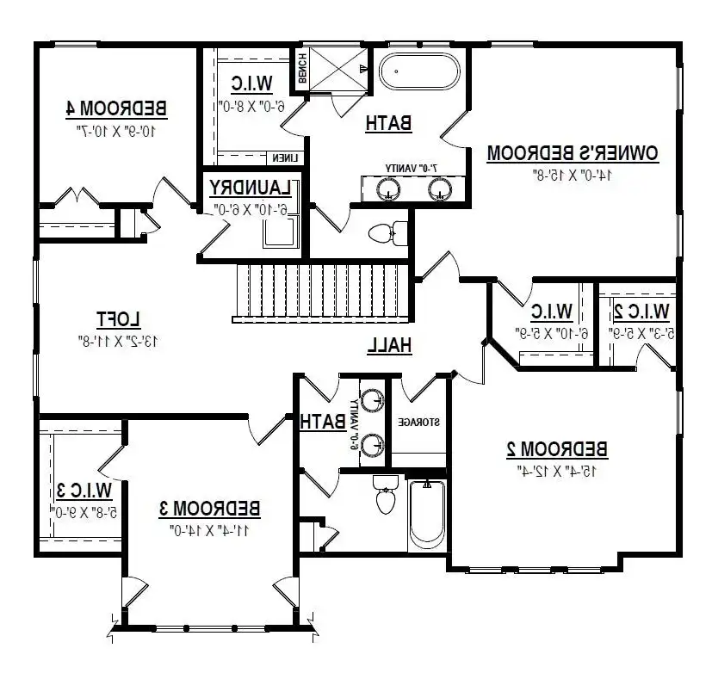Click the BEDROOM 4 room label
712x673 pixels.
(116, 108)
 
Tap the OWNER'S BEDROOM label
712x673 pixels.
(573, 153)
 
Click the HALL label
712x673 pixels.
(390, 345)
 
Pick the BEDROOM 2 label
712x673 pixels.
(556, 448)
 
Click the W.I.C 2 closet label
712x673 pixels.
(641, 310)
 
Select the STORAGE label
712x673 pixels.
(418, 423)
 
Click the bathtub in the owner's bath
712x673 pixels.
(419, 71)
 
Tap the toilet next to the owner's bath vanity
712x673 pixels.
(388, 232)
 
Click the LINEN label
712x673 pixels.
(284, 158)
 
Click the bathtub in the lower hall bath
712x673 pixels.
(424, 518)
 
